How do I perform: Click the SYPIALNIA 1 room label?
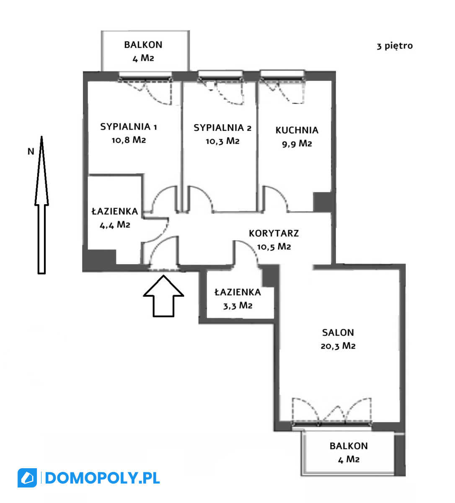click(x=128, y=127)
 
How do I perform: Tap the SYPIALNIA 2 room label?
click(x=222, y=128)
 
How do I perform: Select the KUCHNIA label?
click(x=297, y=130)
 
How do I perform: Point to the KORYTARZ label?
click(x=274, y=233)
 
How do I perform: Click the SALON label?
click(x=338, y=332)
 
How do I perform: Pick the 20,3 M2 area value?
click(x=338, y=346)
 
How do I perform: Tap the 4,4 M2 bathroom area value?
click(x=115, y=225)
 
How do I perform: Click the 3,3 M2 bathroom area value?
click(x=238, y=306)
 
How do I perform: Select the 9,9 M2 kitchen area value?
click(x=297, y=144)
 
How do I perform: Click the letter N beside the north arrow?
click(x=31, y=151)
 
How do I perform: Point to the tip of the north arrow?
click(x=41, y=136)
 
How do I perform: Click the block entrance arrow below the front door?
click(x=163, y=296)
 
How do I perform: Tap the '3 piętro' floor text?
click(x=395, y=46)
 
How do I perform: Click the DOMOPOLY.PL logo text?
click(x=102, y=478)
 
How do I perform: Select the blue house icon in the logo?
click(x=27, y=478)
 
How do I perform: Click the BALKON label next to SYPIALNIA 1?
click(x=143, y=45)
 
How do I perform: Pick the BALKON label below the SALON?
click(x=349, y=446)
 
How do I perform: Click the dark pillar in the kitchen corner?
click(x=323, y=202)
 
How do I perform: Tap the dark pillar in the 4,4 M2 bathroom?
click(x=100, y=257)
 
